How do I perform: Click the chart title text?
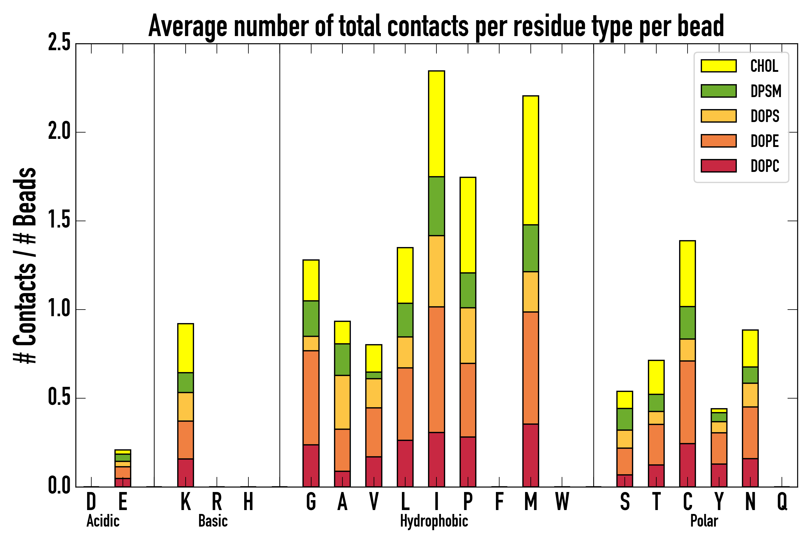click(x=436, y=26)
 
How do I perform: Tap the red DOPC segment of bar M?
click(x=530, y=455)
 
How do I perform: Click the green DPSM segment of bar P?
click(x=468, y=290)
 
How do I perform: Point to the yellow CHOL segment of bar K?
click(x=186, y=348)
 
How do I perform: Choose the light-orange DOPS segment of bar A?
click(x=342, y=402)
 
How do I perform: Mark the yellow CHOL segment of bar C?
click(x=687, y=273)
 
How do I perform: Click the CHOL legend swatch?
click(x=718, y=66)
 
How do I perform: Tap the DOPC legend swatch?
click(x=718, y=166)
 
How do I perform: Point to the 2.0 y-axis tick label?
click(x=59, y=132)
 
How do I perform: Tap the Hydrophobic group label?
click(x=434, y=521)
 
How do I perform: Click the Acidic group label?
click(x=103, y=521)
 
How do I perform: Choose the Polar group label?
click(x=704, y=521)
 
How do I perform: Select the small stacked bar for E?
click(x=123, y=468)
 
